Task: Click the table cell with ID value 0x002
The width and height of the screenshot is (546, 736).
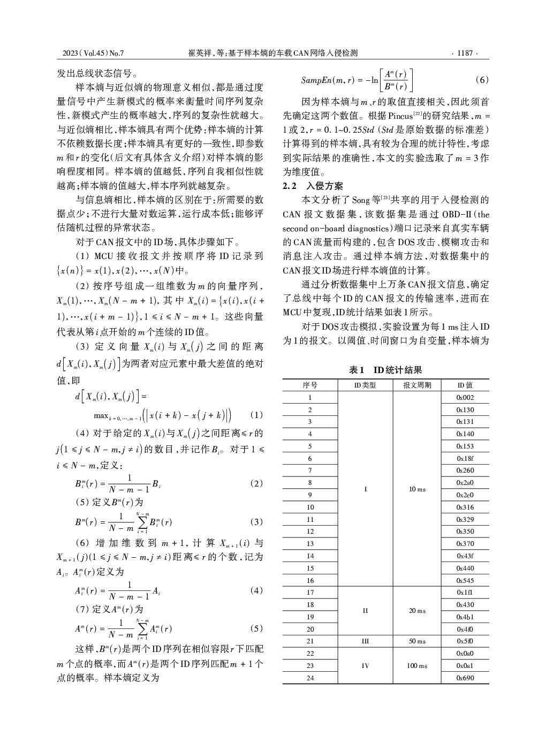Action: [465, 398]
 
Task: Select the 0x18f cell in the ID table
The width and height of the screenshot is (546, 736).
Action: [465, 459]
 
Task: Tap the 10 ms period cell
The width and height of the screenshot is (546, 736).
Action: [417, 489]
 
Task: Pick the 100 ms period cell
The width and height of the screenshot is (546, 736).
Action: [417, 666]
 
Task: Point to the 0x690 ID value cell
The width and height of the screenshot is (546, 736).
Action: [465, 678]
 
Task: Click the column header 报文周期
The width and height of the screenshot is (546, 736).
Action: [417, 385]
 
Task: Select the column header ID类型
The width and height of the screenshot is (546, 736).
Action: [365, 385]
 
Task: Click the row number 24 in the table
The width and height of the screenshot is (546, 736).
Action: [310, 678]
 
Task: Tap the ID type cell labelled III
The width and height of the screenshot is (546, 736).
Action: [365, 641]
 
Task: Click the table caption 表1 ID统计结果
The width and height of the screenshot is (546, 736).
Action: [385, 370]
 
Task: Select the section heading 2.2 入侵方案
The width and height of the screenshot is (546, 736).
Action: [313, 186]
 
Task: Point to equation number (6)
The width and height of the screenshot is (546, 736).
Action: [482, 80]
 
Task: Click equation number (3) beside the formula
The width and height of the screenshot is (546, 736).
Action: [256, 522]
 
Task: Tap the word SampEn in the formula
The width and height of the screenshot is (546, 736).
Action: [316, 80]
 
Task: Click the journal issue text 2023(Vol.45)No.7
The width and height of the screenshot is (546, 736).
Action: [93, 53]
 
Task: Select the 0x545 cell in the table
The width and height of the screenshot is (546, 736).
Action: [465, 580]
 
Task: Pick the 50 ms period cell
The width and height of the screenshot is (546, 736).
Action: [417, 641]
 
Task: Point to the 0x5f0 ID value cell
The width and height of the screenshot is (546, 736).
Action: [465, 641]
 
